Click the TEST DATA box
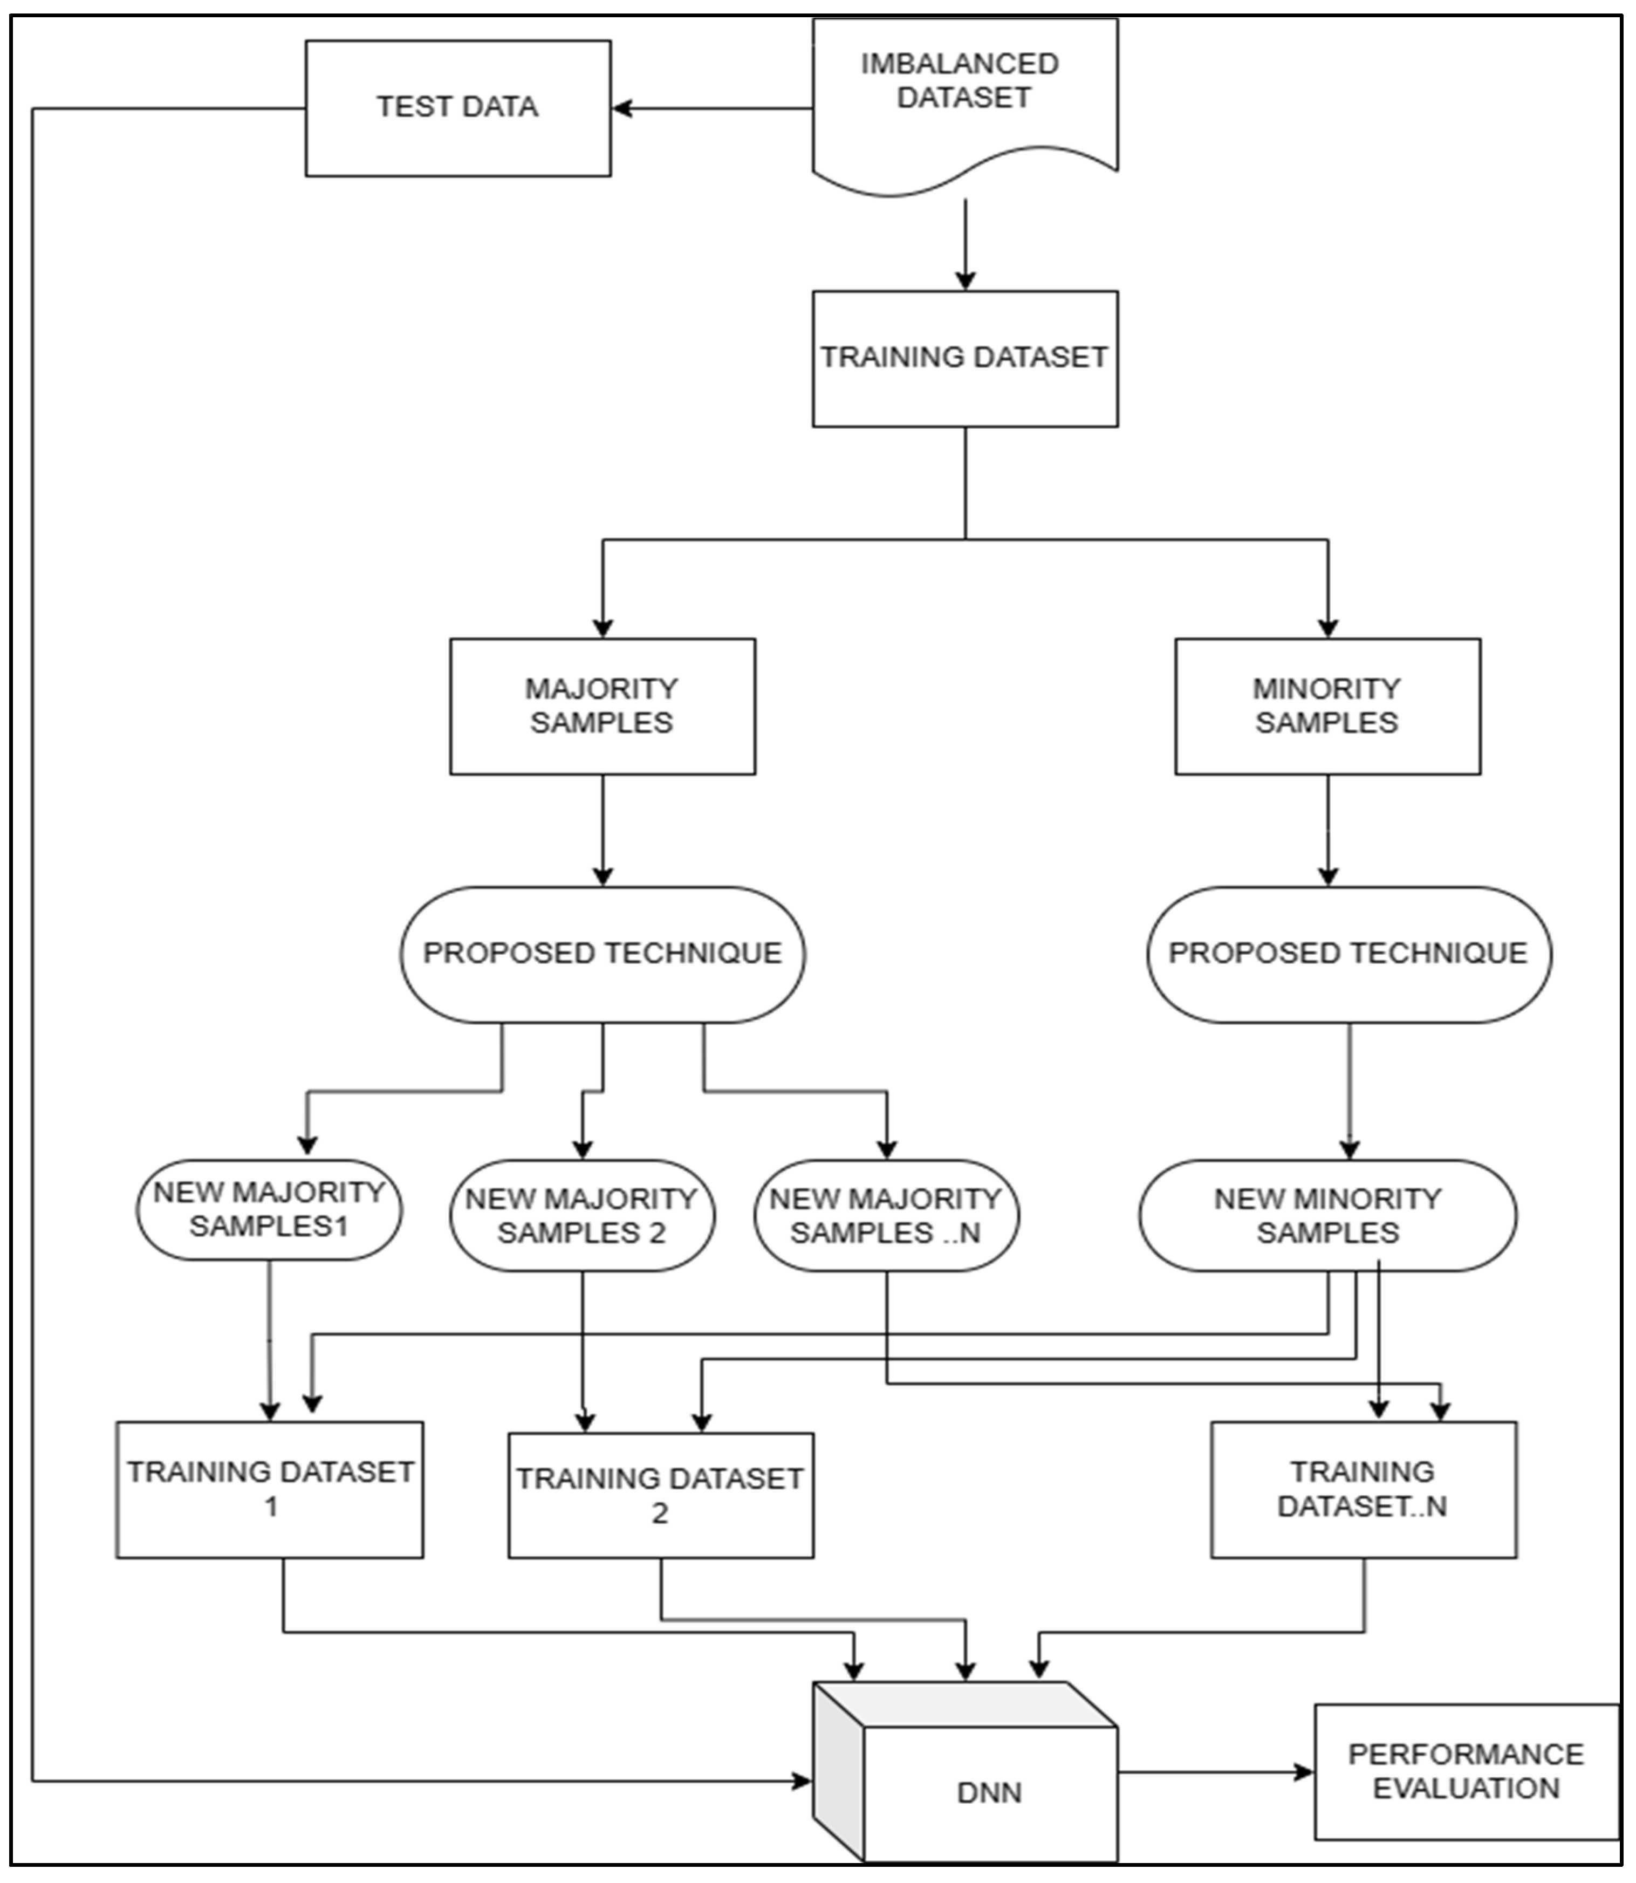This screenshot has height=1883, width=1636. tap(457, 108)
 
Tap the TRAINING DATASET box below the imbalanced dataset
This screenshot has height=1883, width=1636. tap(964, 358)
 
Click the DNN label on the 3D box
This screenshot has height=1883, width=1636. tap(989, 1792)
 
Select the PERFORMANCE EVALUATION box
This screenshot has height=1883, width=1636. tap(1466, 1771)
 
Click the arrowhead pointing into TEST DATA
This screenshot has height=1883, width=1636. tap(622, 108)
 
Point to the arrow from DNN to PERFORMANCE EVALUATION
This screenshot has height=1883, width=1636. tap(1214, 1772)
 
